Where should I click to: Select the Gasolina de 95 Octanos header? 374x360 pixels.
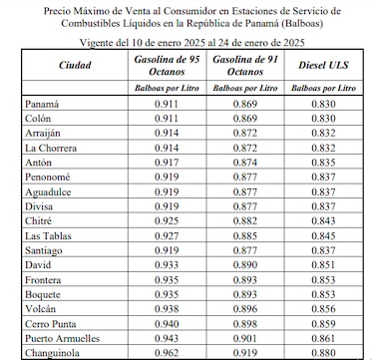[x=167, y=65]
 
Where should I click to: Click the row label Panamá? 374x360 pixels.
[x=42, y=104]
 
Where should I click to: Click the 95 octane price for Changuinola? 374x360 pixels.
[x=167, y=353]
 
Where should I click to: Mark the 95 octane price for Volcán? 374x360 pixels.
[x=167, y=309]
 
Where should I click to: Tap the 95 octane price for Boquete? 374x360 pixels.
[x=167, y=294]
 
